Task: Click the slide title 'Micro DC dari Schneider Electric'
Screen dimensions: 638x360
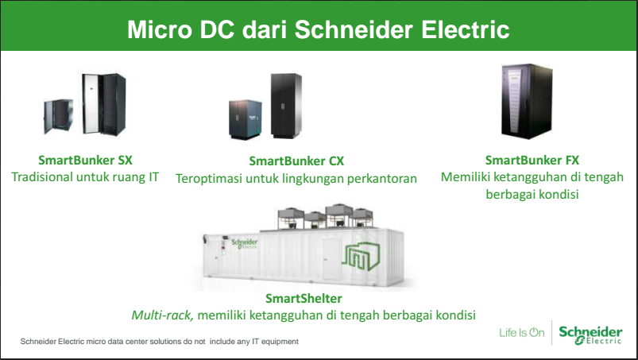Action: (x=318, y=29)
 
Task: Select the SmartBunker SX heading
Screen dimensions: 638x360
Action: (x=86, y=160)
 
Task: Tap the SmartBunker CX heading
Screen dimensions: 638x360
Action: (x=296, y=161)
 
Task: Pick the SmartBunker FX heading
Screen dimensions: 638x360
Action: (x=532, y=160)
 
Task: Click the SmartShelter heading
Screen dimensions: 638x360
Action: (x=304, y=298)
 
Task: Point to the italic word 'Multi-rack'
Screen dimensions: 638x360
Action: (x=162, y=315)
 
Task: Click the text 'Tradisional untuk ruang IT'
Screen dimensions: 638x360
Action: (x=85, y=177)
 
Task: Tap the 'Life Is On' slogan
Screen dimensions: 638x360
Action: (x=522, y=333)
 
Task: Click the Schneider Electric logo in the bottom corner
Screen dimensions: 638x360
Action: (x=590, y=335)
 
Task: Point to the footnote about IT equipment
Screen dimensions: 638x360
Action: (x=160, y=341)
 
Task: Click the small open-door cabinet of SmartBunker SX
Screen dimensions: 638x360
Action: (x=59, y=116)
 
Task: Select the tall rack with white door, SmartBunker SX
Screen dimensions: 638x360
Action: (x=104, y=104)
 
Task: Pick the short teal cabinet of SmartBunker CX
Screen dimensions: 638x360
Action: (x=245, y=119)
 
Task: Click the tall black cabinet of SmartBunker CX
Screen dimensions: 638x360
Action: (x=286, y=106)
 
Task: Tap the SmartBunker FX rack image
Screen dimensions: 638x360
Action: (x=527, y=101)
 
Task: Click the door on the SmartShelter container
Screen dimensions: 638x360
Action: (x=331, y=259)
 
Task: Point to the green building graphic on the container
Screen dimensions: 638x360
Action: (x=361, y=257)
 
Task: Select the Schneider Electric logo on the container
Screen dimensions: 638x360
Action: (x=245, y=244)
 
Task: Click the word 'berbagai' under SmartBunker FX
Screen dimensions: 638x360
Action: (x=508, y=195)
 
